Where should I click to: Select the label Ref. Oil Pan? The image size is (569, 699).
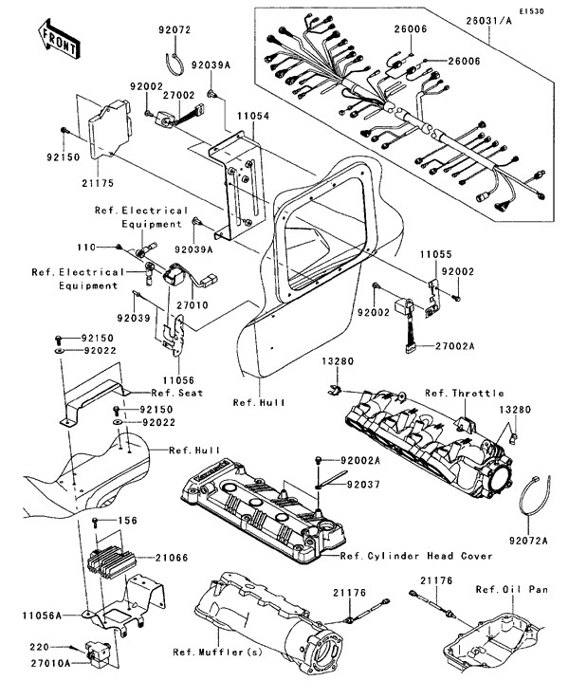click(512, 589)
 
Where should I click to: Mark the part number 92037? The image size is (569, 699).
click(357, 485)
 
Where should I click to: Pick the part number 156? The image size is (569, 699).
click(128, 522)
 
